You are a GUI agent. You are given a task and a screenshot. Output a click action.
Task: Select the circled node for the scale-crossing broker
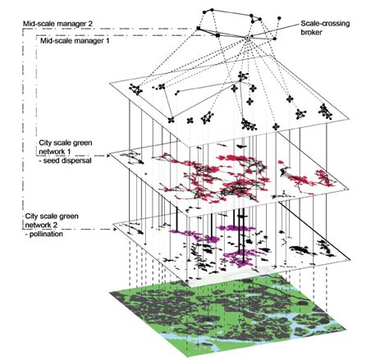click(247, 37)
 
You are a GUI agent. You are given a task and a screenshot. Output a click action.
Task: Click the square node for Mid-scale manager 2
click(199, 29)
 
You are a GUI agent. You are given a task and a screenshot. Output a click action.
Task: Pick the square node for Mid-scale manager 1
click(215, 35)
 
